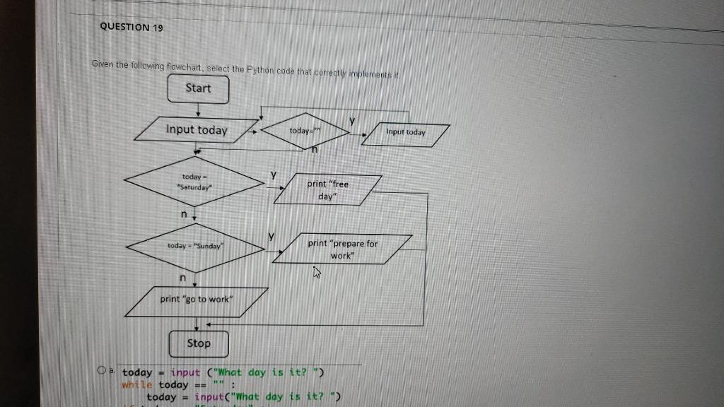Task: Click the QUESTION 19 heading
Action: [x=132, y=27]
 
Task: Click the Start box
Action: [x=198, y=88]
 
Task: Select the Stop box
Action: [x=199, y=343]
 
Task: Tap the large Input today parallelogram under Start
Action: [x=197, y=130]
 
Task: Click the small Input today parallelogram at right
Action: [x=406, y=133]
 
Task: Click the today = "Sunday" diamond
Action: [x=195, y=246]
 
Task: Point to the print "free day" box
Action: [x=327, y=190]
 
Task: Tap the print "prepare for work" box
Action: [x=343, y=249]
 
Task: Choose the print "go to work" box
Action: [x=196, y=300]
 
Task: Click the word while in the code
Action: [x=137, y=385]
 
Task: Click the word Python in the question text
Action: [x=263, y=69]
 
